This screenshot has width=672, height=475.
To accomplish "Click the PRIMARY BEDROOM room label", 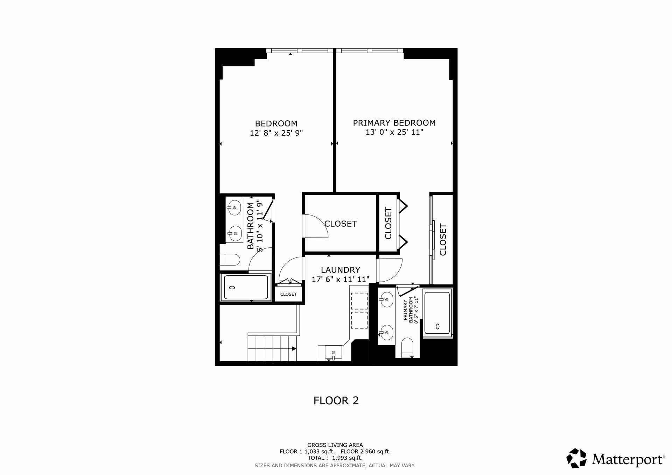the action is pos(394,123).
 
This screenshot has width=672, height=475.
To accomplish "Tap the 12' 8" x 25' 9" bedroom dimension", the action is pos(276,133).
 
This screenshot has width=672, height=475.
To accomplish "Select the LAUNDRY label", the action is pos(341,270).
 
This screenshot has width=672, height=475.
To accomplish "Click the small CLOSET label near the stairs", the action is pos(288,295).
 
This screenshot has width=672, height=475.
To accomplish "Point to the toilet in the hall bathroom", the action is pos(230,260).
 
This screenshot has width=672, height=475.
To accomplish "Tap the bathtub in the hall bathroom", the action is pos(246,288).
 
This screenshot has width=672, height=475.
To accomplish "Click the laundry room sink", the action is pos(334,352).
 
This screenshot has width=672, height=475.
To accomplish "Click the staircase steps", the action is pos(272,348).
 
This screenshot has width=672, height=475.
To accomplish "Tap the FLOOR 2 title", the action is pos(336,400).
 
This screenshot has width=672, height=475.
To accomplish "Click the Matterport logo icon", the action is pos(577,458).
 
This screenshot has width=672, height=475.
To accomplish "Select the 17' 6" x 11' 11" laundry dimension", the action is pos(341,279).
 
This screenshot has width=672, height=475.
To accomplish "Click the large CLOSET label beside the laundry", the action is pos(341,224).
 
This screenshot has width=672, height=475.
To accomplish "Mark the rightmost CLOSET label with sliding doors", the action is pos(443,240).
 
